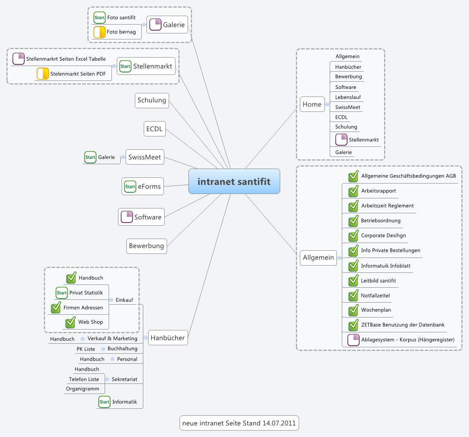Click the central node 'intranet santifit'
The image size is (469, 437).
[x=234, y=181]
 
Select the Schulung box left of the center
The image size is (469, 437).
[x=152, y=100]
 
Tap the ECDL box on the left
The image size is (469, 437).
[x=154, y=129]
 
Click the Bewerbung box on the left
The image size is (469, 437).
[x=147, y=246]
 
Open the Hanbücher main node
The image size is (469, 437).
[x=167, y=338]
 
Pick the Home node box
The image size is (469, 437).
[x=312, y=104]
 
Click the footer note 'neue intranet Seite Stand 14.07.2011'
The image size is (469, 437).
[x=239, y=423]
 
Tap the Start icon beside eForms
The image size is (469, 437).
[x=130, y=186]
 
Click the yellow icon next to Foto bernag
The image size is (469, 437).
[x=99, y=32]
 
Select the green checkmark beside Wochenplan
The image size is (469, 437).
[x=353, y=310]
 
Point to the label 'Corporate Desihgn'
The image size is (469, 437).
[x=383, y=235]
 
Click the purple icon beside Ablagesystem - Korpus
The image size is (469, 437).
[x=353, y=340]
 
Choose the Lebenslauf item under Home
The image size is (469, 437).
[x=348, y=97]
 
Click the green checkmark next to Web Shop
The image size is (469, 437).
[x=70, y=322]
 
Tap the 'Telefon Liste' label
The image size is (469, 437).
[x=84, y=379]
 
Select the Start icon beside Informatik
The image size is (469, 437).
[x=104, y=402]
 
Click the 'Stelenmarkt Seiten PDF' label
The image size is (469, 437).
[x=78, y=74]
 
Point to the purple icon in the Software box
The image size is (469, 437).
[x=127, y=217]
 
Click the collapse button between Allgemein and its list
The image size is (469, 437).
[x=339, y=258]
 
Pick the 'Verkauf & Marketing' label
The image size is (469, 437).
[x=112, y=338]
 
